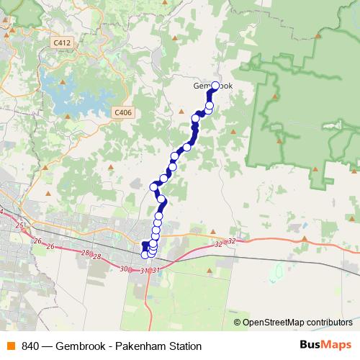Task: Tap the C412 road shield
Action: (62, 43)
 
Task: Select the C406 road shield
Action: (123, 112)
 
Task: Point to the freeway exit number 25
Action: (19, 226)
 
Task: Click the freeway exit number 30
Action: (124, 269)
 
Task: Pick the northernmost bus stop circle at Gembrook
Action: (215, 86)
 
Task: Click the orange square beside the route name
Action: (9, 346)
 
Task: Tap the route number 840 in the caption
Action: (31, 346)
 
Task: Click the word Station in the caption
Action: (181, 346)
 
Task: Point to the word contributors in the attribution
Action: (329, 323)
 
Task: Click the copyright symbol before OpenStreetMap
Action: (238, 323)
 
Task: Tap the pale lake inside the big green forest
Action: (333, 125)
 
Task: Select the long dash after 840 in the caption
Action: (50, 346)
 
